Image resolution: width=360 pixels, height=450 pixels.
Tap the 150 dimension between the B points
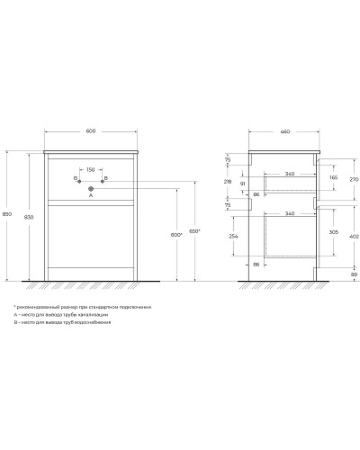coord(90,168)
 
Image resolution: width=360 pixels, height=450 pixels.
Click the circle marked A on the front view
coord(90,188)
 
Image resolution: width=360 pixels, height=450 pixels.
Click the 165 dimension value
coord(332,179)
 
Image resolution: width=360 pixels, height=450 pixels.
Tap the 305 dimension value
coord(332,231)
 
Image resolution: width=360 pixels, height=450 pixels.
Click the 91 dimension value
coord(242,184)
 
